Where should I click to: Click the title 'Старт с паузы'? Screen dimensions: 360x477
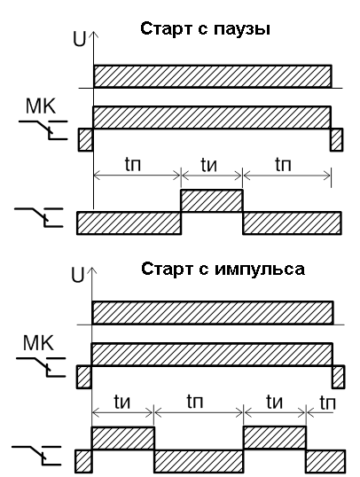(x=205, y=30)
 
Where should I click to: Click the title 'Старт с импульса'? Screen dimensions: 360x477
(x=223, y=270)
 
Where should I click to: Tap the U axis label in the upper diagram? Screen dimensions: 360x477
(x=80, y=39)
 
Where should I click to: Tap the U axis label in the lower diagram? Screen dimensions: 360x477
(x=77, y=275)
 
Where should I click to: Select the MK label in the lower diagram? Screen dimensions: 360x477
(x=38, y=342)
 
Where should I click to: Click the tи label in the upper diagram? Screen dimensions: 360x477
(x=209, y=165)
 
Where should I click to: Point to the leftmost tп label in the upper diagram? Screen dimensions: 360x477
(x=133, y=164)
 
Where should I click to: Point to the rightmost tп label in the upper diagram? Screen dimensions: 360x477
(x=283, y=164)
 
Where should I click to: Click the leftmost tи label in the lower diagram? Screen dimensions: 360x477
(x=122, y=402)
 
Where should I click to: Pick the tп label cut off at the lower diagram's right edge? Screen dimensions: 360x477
(x=328, y=403)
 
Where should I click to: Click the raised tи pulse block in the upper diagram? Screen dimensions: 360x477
(x=212, y=200)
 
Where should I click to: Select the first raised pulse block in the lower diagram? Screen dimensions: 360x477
(x=123, y=438)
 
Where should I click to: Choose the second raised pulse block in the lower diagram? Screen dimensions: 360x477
(x=275, y=438)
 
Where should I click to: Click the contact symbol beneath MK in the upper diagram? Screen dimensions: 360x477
(x=43, y=130)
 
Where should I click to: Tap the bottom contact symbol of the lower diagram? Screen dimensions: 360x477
(x=36, y=456)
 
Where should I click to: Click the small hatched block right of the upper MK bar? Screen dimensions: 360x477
(x=337, y=139)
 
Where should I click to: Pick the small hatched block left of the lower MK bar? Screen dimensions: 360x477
(x=84, y=377)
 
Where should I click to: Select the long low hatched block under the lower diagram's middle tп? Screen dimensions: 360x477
(x=199, y=461)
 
